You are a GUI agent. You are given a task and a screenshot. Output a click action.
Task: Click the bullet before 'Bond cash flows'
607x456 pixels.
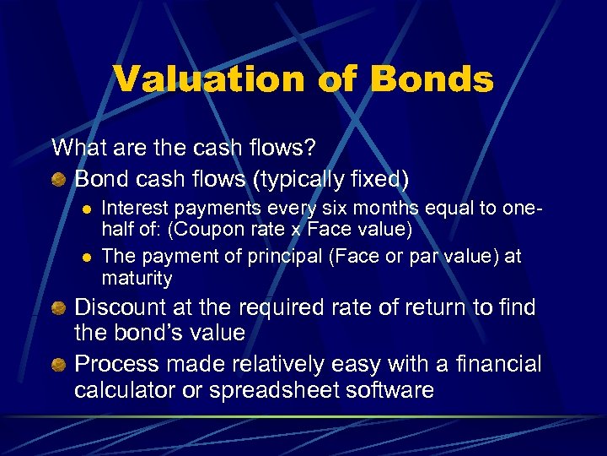click(x=59, y=180)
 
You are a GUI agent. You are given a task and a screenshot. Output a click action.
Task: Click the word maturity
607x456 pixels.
click(x=137, y=278)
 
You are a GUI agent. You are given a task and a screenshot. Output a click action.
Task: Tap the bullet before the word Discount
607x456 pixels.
click(x=59, y=308)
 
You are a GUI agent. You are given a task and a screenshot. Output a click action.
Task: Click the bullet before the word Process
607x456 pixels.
click(x=59, y=366)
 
